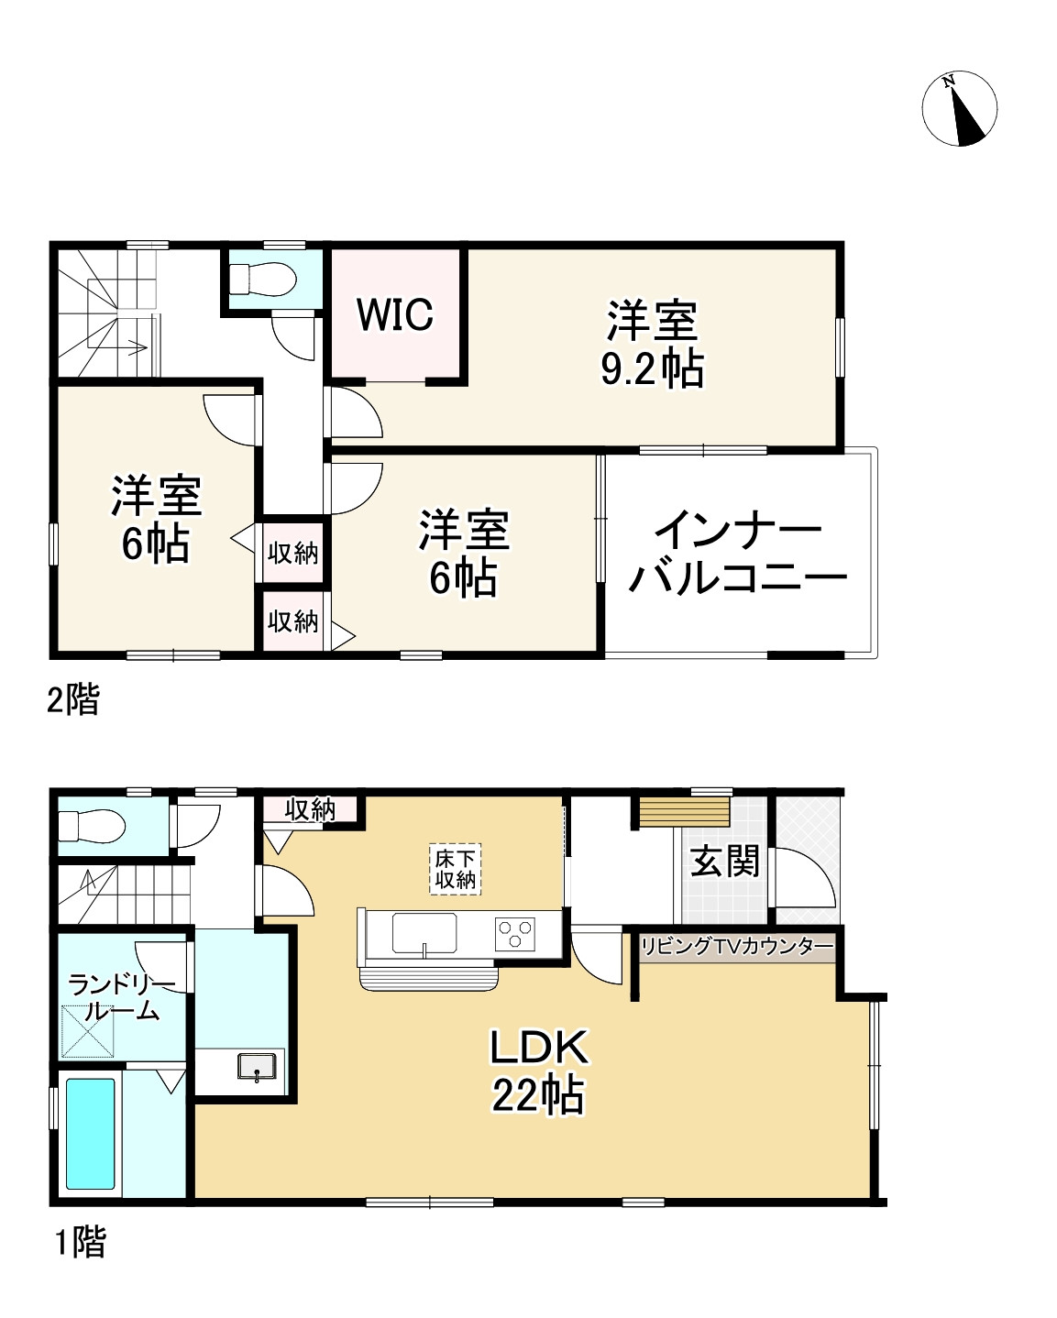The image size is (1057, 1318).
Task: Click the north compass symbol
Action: pyautogui.click(x=959, y=108)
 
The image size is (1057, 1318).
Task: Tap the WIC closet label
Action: pyautogui.click(x=395, y=314)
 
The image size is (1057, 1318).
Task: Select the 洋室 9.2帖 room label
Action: pyautogui.click(x=652, y=345)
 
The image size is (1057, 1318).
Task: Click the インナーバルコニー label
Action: pyautogui.click(x=738, y=554)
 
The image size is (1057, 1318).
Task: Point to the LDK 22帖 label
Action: pyautogui.click(x=538, y=1071)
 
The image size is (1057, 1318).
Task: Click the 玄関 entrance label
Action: pyautogui.click(x=724, y=862)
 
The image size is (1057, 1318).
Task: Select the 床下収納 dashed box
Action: pyautogui.click(x=456, y=869)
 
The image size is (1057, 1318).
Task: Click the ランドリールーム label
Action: pyautogui.click(x=120, y=998)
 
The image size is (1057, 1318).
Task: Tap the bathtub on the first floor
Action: pyautogui.click(x=91, y=1133)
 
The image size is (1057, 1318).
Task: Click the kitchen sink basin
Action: pyautogui.click(x=424, y=933)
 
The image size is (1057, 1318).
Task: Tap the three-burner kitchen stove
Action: pyautogui.click(x=515, y=933)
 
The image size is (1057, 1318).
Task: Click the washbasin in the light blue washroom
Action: pyautogui.click(x=257, y=1067)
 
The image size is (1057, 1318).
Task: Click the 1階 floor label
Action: pyautogui.click(x=80, y=1242)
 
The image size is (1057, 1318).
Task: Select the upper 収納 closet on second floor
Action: pyautogui.click(x=292, y=554)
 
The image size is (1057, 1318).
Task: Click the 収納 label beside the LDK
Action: pyautogui.click(x=310, y=809)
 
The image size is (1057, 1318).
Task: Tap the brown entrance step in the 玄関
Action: pyautogui.click(x=684, y=812)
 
